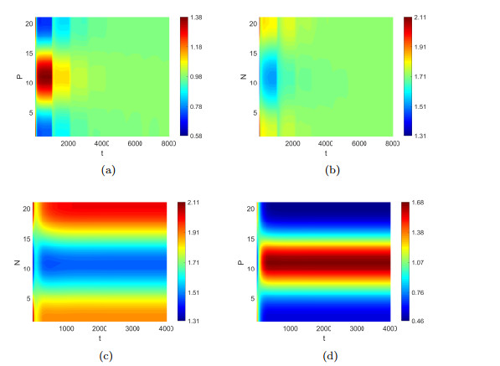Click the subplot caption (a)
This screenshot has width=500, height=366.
click(108, 170)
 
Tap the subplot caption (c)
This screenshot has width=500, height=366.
click(108, 355)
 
